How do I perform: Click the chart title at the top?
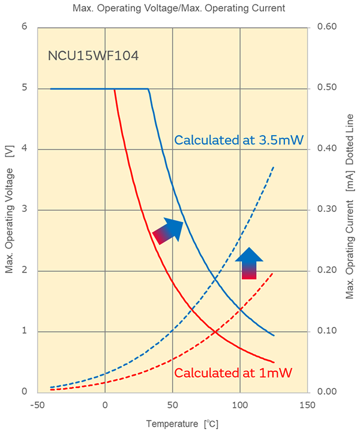click(x=178, y=8)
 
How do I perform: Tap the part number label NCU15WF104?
click(x=93, y=57)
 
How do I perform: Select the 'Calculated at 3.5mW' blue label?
click(x=239, y=140)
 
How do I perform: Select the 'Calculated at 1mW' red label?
click(x=233, y=373)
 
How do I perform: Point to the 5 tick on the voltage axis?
click(x=24, y=88)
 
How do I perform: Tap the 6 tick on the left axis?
click(x=24, y=27)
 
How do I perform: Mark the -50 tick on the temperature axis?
click(x=37, y=404)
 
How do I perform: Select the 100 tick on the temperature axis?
click(x=240, y=404)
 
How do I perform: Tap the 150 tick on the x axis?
click(x=307, y=404)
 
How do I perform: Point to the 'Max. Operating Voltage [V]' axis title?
click(x=10, y=209)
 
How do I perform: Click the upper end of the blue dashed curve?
click(x=274, y=167)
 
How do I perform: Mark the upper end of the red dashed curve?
click(x=274, y=272)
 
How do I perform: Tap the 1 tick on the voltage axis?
click(x=24, y=331)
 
